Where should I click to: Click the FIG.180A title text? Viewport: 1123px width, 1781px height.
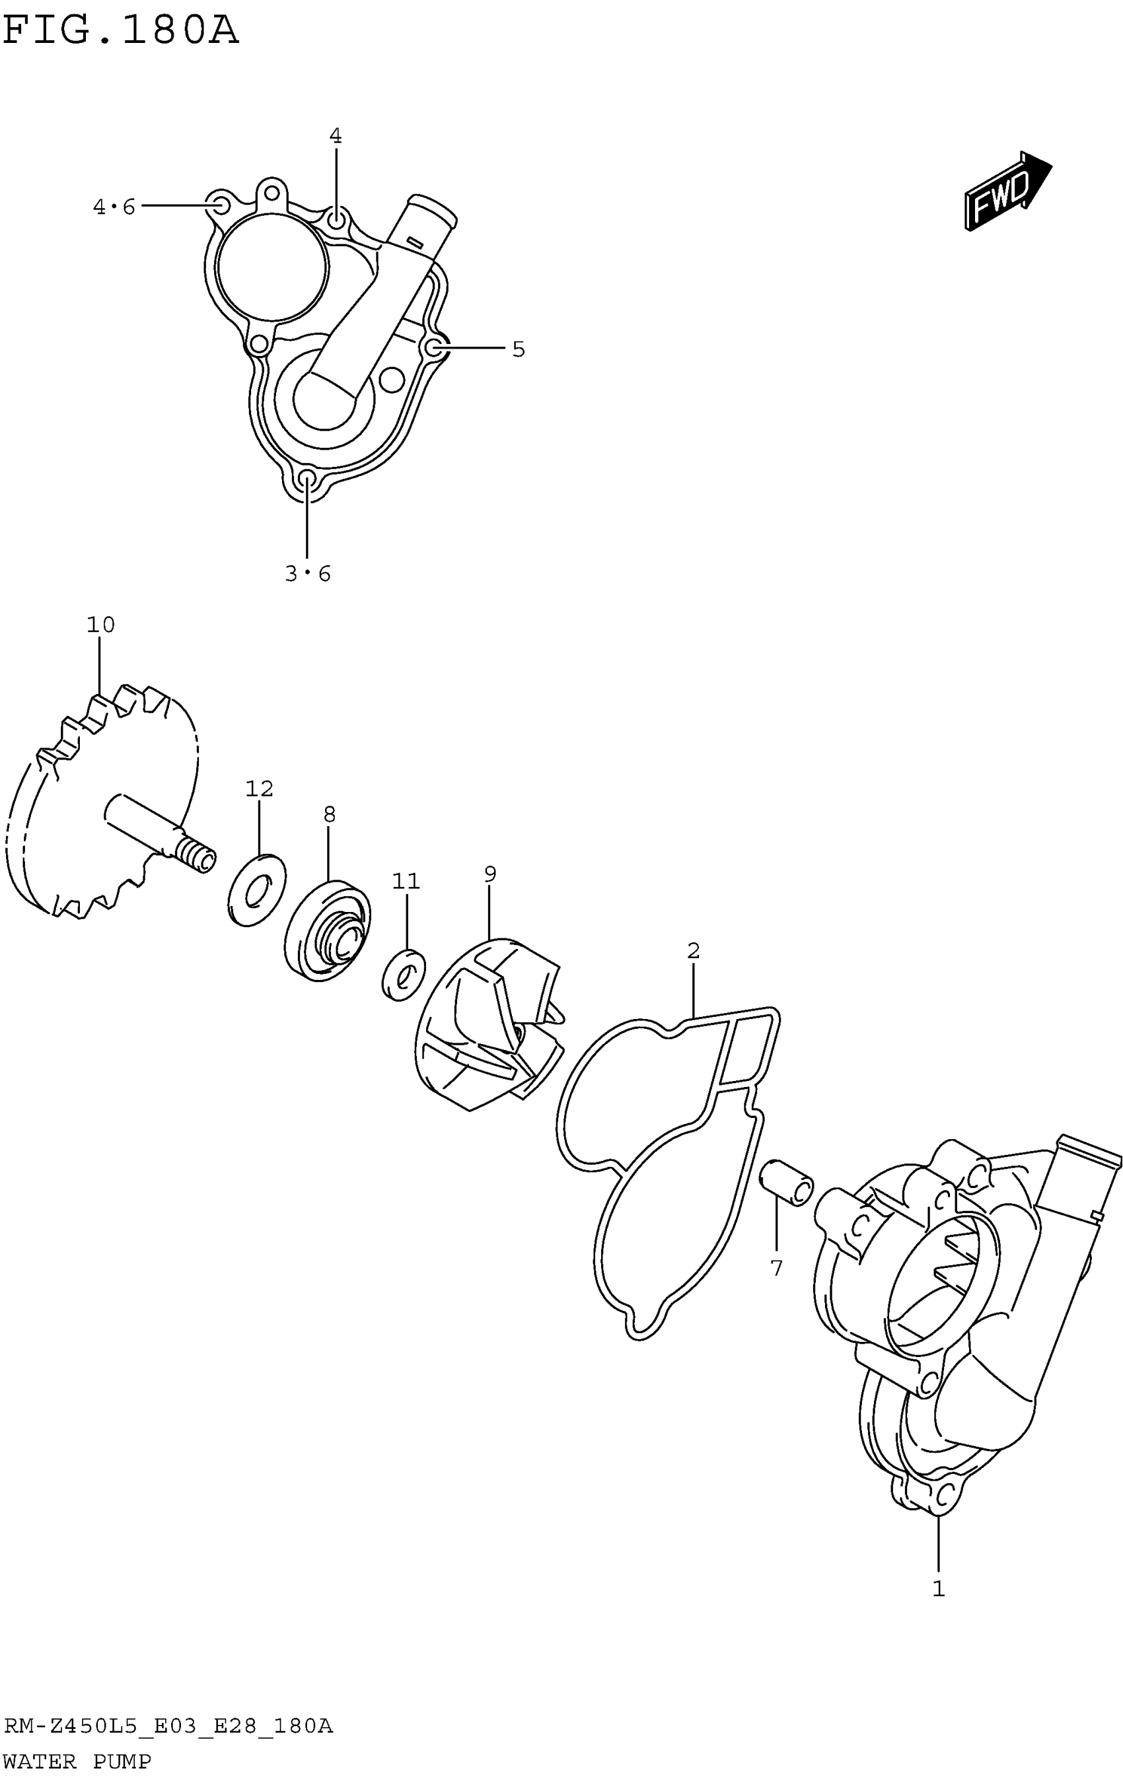121,31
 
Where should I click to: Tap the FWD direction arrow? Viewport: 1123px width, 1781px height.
1007,191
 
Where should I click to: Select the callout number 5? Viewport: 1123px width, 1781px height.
519,349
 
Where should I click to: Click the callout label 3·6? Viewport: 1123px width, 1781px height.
308,573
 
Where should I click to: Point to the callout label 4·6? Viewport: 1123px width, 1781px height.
114,207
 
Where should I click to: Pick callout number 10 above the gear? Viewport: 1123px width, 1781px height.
100,625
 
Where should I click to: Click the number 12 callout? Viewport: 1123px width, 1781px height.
260,788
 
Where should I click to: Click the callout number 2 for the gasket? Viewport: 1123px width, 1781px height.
693,950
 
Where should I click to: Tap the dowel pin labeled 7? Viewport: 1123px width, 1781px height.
787,1183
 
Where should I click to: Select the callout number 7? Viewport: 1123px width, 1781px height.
776,1269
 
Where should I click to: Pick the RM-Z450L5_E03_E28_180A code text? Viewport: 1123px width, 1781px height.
168,1726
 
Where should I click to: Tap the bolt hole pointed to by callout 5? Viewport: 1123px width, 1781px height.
436,347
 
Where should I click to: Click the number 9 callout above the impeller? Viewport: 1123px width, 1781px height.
489,874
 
